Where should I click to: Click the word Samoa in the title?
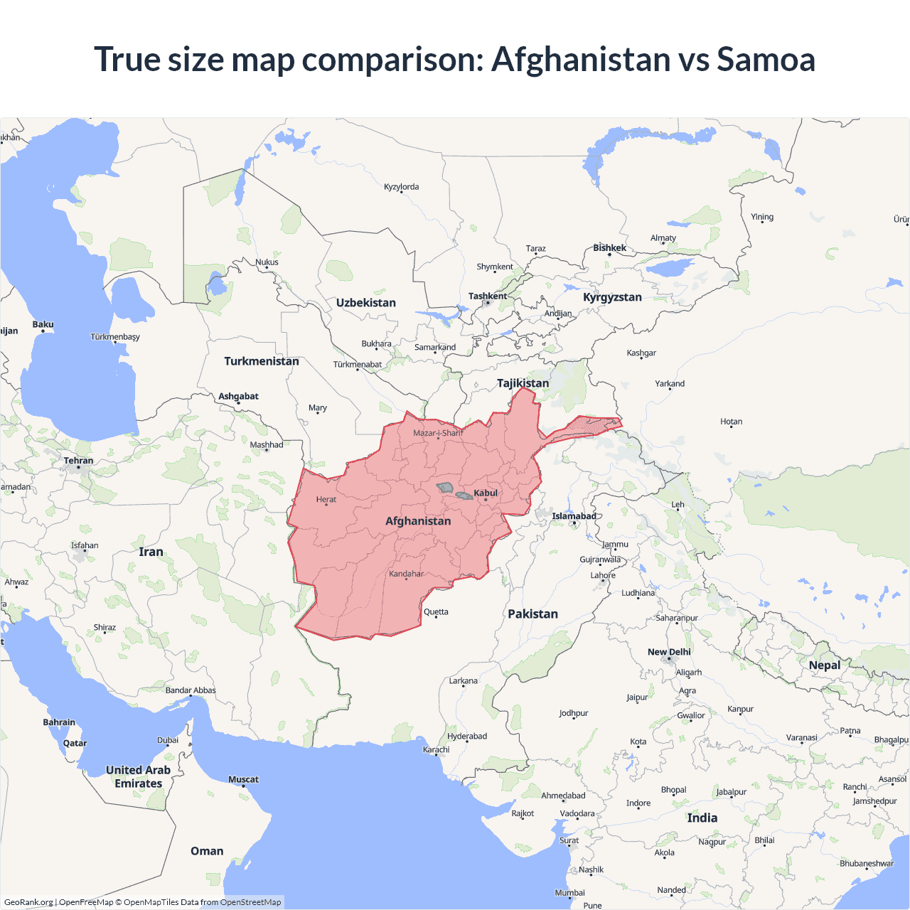[x=766, y=59]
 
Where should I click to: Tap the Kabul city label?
[x=486, y=493]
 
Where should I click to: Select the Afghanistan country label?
[x=418, y=521]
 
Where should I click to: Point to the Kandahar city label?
[x=406, y=574]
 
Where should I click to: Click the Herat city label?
[x=326, y=500]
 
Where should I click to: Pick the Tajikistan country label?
[x=523, y=383]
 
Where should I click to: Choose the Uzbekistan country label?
[x=365, y=303]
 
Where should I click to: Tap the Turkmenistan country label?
[x=262, y=361]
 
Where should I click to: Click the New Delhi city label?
[x=669, y=652]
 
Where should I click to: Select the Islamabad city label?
[x=574, y=516]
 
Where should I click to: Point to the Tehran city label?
[x=78, y=461]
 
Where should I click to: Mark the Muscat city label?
[x=243, y=780]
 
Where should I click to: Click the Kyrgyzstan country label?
[x=612, y=297]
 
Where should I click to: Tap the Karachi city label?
[x=436, y=749]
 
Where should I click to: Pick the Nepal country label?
[x=824, y=665]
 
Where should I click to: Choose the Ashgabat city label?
[x=238, y=397]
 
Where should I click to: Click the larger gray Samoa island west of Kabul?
[x=445, y=488]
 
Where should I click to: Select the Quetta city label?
[x=436, y=612]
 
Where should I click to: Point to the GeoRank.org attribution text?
[x=28, y=902]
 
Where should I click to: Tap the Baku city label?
[x=43, y=325]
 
